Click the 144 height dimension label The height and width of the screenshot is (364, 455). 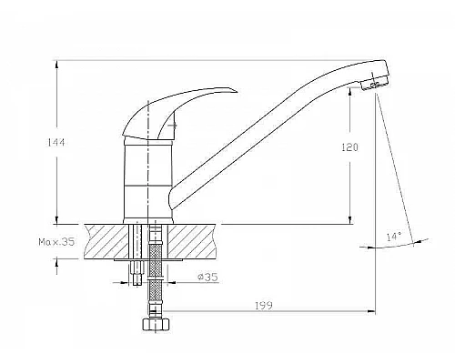coord(56,142)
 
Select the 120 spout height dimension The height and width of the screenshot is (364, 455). coord(350,147)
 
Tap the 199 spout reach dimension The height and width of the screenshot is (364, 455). coord(264,306)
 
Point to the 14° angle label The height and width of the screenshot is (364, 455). coord(394,237)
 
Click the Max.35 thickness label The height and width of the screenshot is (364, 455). coord(56,242)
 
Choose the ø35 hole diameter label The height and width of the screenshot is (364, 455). coord(207,277)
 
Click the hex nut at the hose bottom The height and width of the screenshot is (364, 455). coord(155,324)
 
